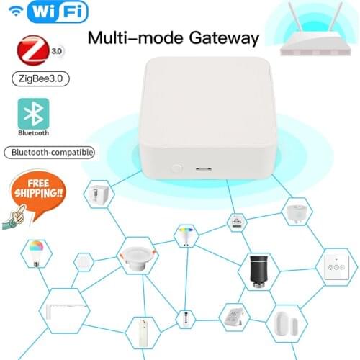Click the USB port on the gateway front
click(x=203, y=170)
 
